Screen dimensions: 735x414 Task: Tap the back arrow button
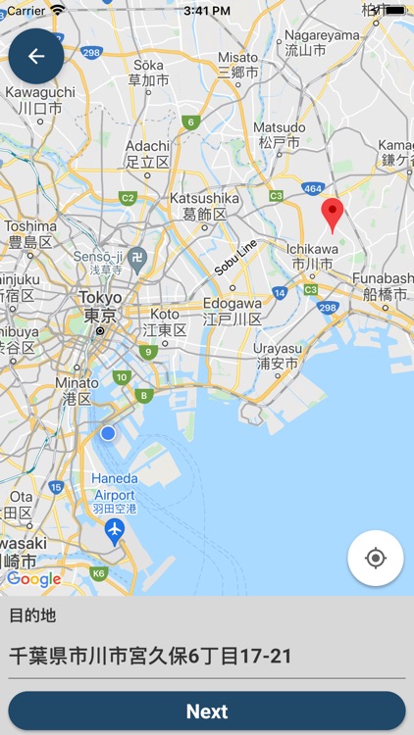click(36, 56)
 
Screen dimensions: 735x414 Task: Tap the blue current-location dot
click(108, 433)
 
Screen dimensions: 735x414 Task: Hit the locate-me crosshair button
click(375, 559)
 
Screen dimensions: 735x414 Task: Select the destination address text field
click(206, 656)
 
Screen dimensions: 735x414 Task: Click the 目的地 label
click(32, 615)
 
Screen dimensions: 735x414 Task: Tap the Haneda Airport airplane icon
click(116, 531)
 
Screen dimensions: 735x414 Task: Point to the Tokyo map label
click(100, 307)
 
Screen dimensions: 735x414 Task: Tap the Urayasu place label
click(278, 355)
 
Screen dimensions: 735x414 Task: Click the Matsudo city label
click(279, 135)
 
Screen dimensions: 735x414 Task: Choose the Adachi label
click(147, 154)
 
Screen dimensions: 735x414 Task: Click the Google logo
click(33, 579)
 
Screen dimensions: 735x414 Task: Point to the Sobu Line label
click(235, 256)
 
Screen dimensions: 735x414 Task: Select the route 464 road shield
click(312, 188)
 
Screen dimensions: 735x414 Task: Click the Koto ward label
click(164, 321)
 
